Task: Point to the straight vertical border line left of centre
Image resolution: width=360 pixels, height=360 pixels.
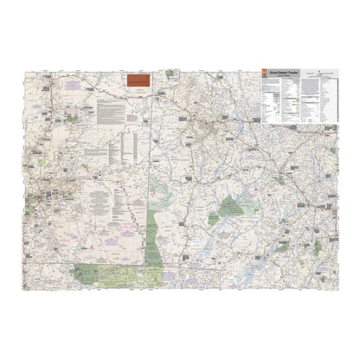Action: [151, 173]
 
